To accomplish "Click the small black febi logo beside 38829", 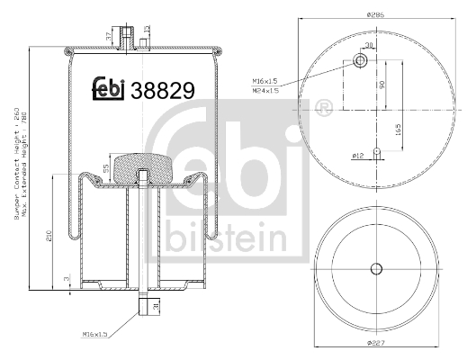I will pyautogui.click(x=109, y=89).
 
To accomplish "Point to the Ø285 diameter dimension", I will pyautogui.click(x=377, y=14).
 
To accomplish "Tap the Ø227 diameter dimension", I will pyautogui.click(x=377, y=343).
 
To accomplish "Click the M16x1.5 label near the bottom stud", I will pyautogui.click(x=96, y=334).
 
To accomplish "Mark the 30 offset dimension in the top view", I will pyautogui.click(x=368, y=45).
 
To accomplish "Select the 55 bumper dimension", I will pyautogui.click(x=107, y=168).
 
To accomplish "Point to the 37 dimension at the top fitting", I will pyautogui.click(x=110, y=35).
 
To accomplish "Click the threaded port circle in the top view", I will pyautogui.click(x=360, y=61).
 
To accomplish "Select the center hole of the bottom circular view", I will pyautogui.click(x=377, y=267).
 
